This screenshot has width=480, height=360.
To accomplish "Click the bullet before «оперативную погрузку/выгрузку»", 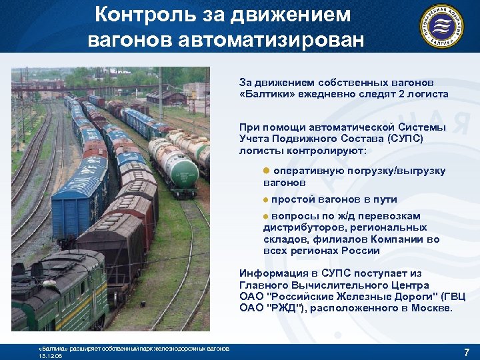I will click(x=265, y=171).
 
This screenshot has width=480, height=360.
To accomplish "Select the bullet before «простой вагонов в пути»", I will click(x=265, y=200).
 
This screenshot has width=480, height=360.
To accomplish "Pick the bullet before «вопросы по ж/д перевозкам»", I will click(x=265, y=217).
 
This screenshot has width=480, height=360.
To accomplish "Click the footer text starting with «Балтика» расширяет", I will click(x=133, y=349).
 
